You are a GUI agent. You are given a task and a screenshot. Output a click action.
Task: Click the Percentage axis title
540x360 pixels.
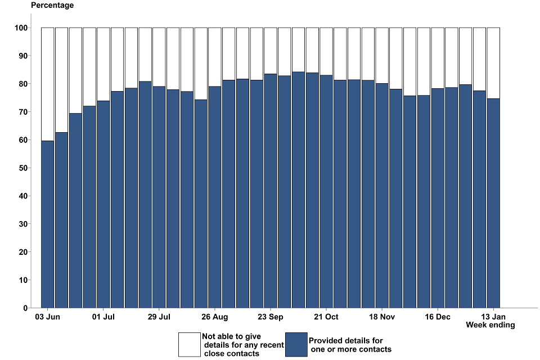click(x=52, y=6)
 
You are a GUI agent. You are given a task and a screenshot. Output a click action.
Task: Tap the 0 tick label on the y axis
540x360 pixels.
click(x=25, y=308)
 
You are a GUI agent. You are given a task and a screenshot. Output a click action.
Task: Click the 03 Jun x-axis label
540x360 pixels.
click(x=47, y=317)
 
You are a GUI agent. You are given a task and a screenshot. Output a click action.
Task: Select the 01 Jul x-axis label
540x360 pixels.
click(x=103, y=317)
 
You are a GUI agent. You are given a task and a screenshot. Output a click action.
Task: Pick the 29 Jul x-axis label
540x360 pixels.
click(x=159, y=317)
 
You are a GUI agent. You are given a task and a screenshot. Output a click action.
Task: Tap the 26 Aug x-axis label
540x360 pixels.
click(x=215, y=317)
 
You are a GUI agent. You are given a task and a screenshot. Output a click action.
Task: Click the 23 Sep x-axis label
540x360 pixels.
click(x=271, y=317)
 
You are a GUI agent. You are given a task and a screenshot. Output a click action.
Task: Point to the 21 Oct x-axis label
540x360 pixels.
click(x=326, y=317)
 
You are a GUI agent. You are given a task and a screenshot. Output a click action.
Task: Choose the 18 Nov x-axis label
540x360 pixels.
click(x=382, y=317)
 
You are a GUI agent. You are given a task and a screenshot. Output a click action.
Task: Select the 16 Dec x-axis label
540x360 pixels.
click(x=438, y=317)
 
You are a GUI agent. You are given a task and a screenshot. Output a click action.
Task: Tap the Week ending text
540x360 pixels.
click(x=490, y=325)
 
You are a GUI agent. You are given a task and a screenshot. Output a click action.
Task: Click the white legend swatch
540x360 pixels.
click(x=189, y=344)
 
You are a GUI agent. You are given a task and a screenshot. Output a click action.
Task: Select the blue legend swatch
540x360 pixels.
click(x=296, y=344)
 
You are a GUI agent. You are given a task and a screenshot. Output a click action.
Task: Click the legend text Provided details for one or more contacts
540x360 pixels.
click(x=350, y=345)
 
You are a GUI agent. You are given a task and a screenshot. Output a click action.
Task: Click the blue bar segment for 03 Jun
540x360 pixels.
click(x=48, y=225)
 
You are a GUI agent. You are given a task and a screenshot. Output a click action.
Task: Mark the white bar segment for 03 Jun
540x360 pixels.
click(x=48, y=84)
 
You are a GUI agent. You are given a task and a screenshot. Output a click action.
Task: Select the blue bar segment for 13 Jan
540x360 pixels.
click(x=493, y=202)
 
